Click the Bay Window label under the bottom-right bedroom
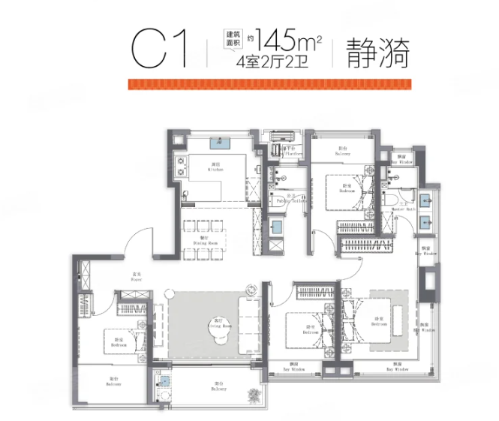397,370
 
